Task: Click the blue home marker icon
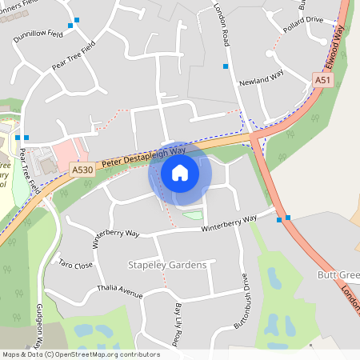coord(180,172)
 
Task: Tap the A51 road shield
coord(322,80)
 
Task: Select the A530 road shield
coord(82,170)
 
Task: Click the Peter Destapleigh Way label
coord(144,156)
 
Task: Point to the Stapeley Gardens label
coord(167,265)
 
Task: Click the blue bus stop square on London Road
coord(226,66)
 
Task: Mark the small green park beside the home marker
coord(193,214)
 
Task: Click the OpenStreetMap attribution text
coord(81,354)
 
